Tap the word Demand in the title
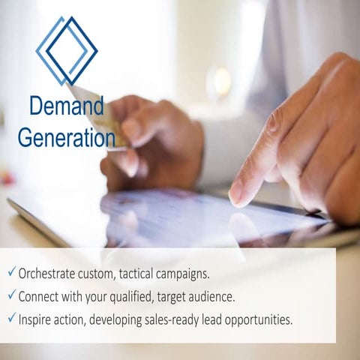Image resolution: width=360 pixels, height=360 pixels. click(66, 106)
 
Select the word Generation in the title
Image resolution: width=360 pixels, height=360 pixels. click(66, 137)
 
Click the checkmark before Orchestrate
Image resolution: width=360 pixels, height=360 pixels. click(12, 271)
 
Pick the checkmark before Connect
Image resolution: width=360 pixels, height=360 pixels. click(12, 295)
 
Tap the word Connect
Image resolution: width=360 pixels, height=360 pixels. click(45, 295)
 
